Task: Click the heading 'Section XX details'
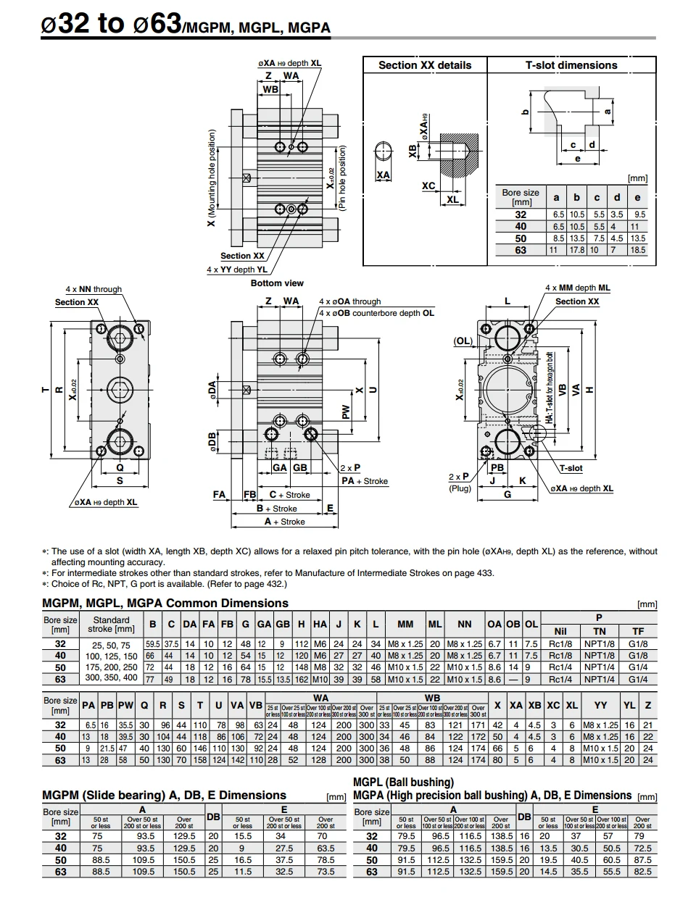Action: coord(424,65)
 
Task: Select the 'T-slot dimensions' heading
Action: coord(571,65)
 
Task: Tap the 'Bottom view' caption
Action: coord(277,283)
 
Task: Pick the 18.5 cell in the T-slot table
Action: coord(637,250)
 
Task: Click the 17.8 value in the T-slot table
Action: coord(576,250)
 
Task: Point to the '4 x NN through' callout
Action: coord(94,289)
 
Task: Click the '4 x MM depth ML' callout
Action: coord(577,288)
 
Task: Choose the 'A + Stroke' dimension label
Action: coord(284,522)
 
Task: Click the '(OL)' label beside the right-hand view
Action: coord(463,341)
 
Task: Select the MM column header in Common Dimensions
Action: coord(405,624)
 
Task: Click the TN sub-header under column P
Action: coord(599,631)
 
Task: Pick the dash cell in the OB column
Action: coord(513,680)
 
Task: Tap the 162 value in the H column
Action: coord(301,680)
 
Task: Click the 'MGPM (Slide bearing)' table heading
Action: coord(164,795)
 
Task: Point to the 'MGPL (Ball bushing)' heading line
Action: coord(403,783)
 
